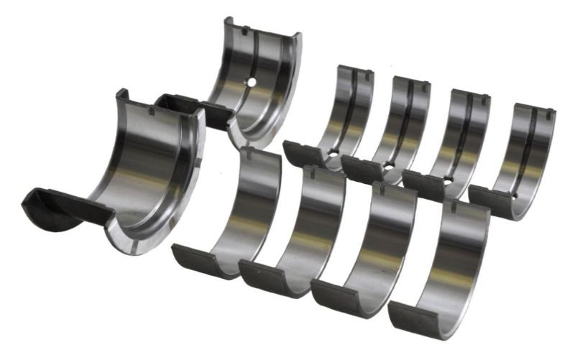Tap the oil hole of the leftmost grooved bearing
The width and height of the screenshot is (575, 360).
coord(333,152)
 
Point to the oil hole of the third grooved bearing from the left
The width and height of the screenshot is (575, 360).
coord(447,180)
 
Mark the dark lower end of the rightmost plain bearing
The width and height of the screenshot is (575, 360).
coord(417,316)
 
